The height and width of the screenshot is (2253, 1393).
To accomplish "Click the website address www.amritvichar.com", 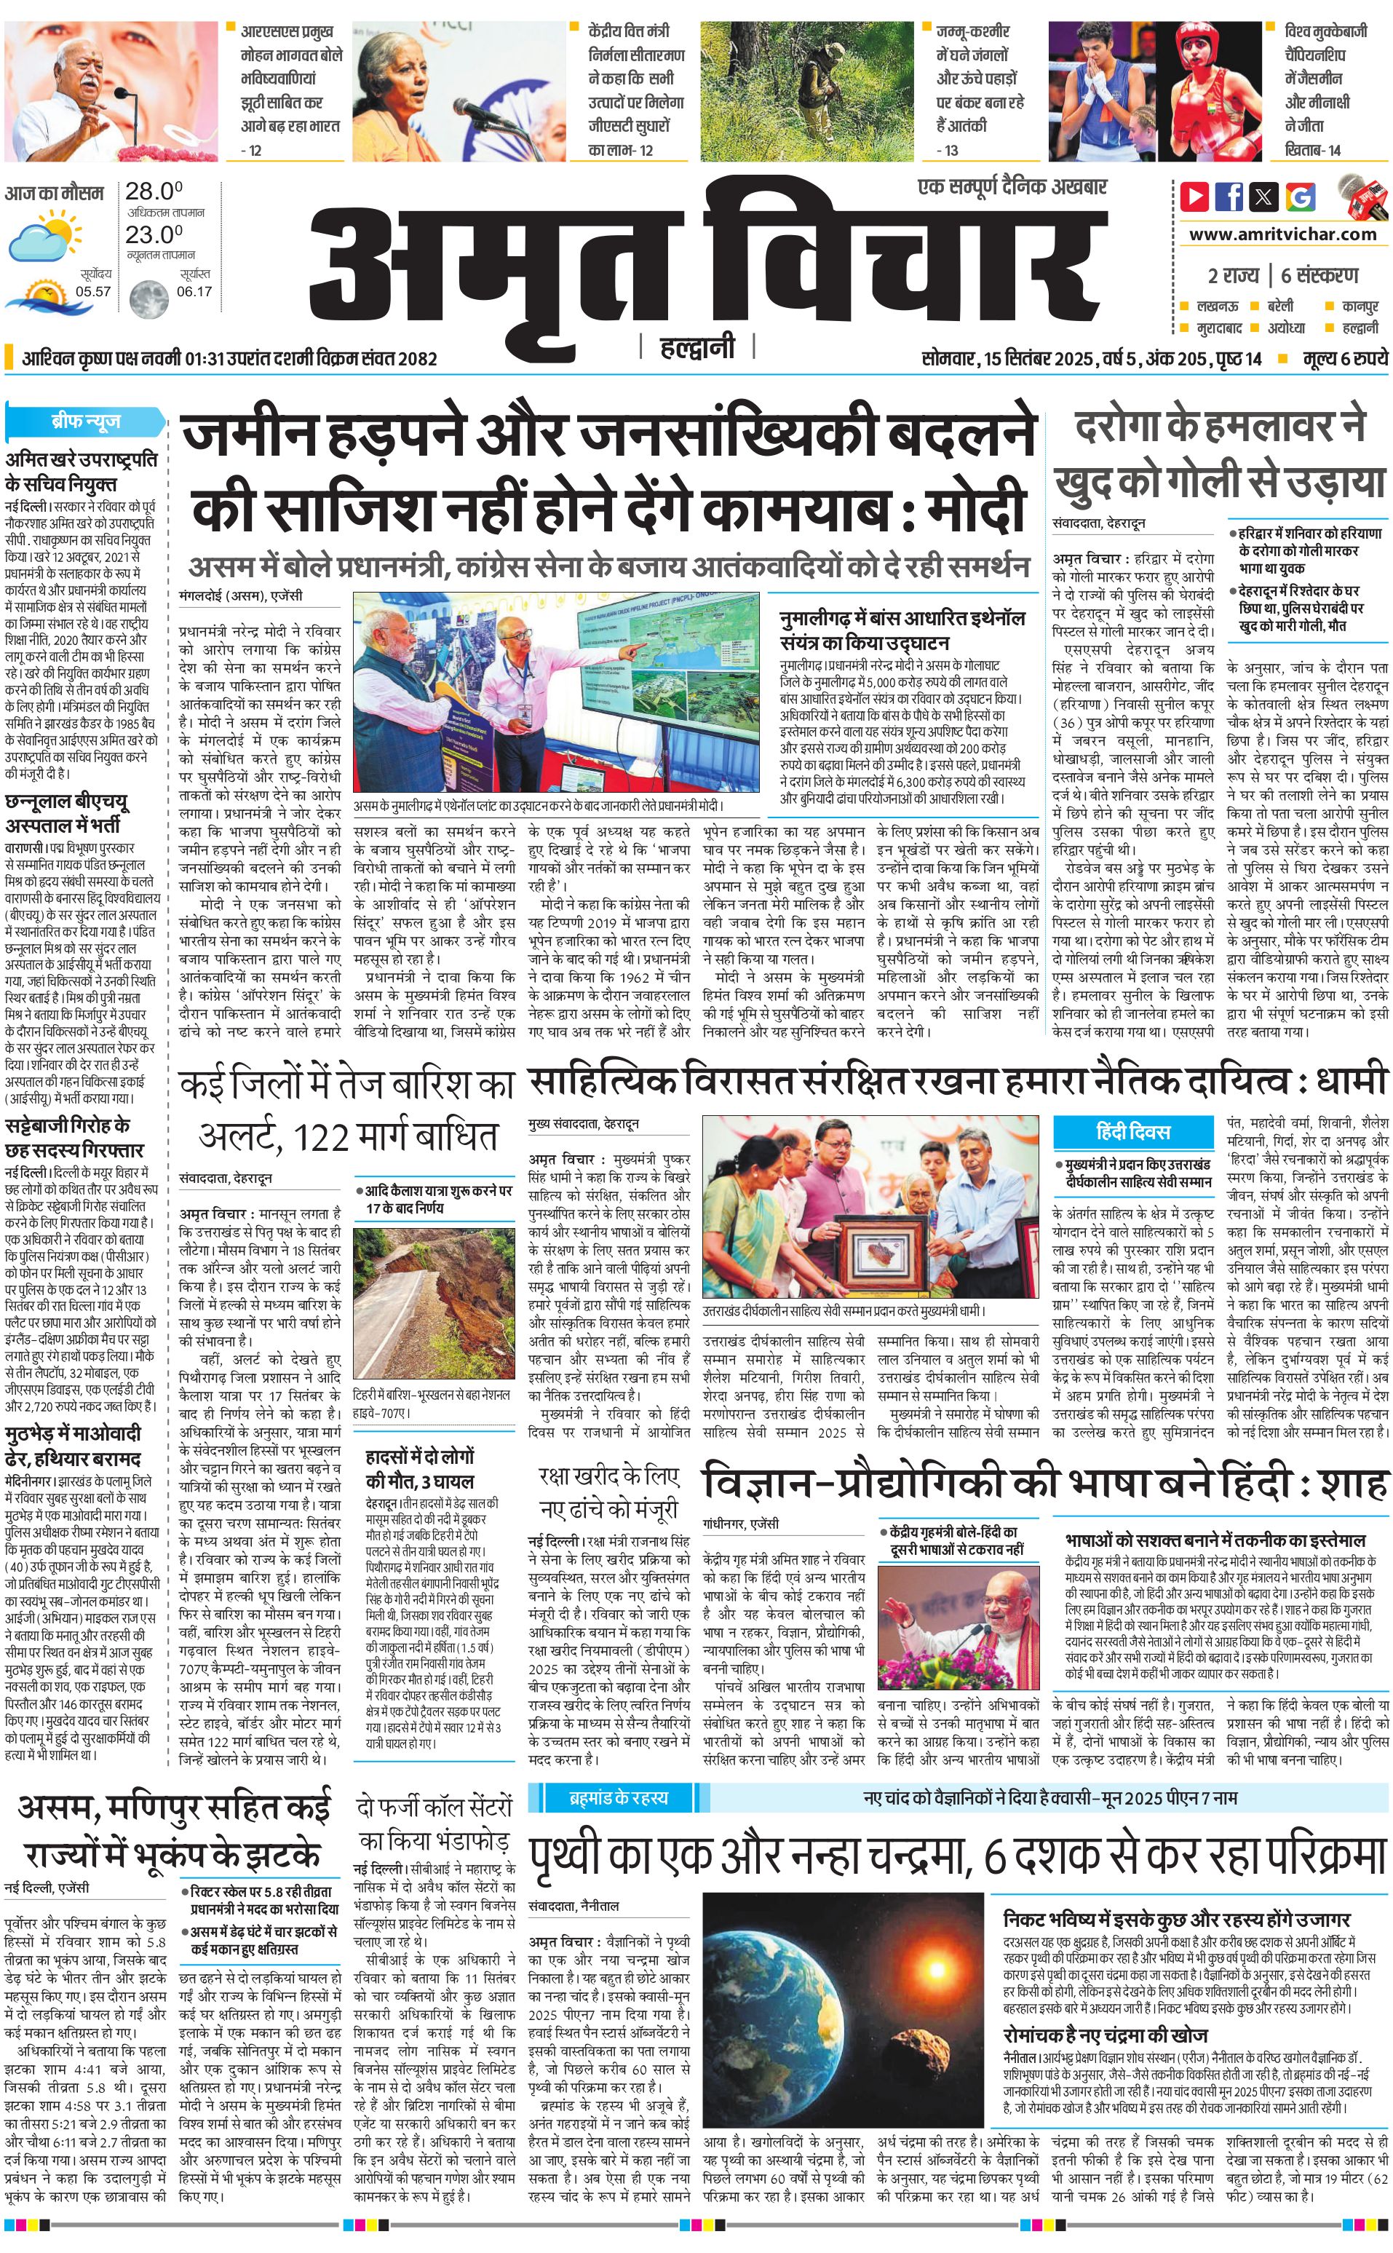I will point(1282,234).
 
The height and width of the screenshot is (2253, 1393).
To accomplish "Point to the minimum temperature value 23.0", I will point(153,234).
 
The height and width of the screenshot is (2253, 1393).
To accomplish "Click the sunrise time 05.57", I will point(93,292).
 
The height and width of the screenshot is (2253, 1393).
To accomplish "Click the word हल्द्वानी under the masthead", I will point(697,347).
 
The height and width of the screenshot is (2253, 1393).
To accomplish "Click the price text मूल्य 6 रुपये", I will point(1344,358).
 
